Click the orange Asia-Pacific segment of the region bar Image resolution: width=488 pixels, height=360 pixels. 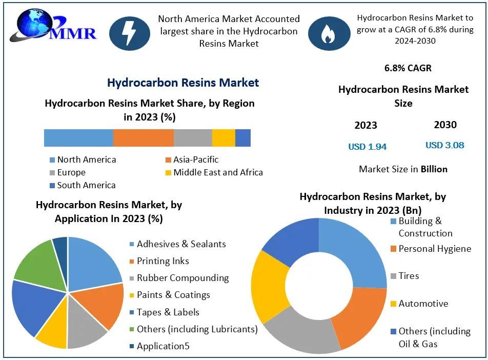[x=143, y=138]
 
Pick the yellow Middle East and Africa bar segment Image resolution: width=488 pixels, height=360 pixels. [x=223, y=138]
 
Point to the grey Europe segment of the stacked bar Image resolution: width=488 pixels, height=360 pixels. [x=193, y=138]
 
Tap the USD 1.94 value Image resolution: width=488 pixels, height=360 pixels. [x=368, y=147]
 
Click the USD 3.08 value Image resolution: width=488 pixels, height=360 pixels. [x=445, y=145]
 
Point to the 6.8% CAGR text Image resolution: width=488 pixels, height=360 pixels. [x=408, y=68]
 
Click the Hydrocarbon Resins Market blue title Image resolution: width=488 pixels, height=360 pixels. [x=183, y=83]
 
